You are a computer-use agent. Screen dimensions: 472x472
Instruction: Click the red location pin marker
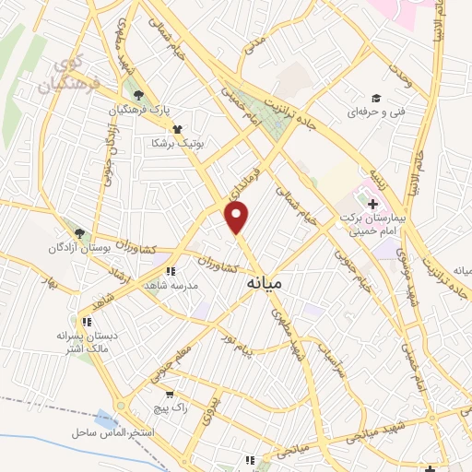click(237, 217)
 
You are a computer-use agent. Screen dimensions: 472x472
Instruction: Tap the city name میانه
click(265, 285)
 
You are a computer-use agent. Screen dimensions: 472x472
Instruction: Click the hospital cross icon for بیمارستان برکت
click(372, 203)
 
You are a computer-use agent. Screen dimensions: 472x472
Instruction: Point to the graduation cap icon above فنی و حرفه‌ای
click(375, 98)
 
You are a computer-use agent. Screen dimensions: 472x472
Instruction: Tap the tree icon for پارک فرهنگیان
click(138, 95)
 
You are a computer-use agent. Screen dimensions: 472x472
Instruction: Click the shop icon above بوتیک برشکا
click(176, 130)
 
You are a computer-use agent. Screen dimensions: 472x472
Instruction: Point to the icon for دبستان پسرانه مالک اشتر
click(86, 323)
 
